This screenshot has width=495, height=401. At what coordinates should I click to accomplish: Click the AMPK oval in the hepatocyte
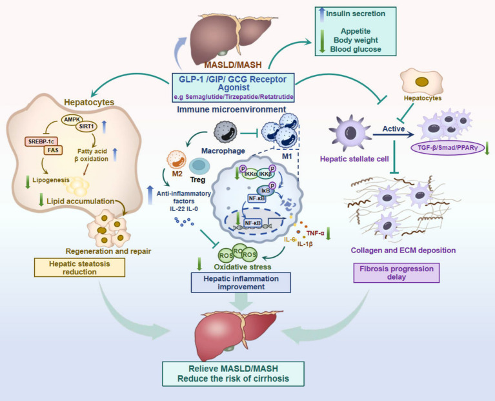pos(72,119)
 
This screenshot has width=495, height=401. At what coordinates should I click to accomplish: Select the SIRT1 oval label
pos(86,127)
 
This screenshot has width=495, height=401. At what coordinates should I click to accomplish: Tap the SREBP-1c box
pos(41,141)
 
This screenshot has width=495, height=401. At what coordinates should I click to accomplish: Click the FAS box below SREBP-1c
pos(53,150)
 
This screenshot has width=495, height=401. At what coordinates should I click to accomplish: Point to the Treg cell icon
pos(199,166)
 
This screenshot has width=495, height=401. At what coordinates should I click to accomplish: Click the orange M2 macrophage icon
pos(176,159)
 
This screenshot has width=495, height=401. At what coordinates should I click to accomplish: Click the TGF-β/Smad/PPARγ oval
pos(448,147)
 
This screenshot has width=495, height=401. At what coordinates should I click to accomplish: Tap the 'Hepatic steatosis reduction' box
pos(79,267)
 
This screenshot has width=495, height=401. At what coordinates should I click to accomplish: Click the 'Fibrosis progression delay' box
pos(396,272)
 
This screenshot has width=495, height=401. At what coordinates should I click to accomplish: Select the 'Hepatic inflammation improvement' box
pos(241,283)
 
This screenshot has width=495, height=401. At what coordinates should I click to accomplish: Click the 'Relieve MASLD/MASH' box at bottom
pos(233,374)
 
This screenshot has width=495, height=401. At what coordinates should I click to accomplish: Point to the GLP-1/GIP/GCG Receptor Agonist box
pos(233,87)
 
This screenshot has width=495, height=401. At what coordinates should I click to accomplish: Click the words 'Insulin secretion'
pos(356,14)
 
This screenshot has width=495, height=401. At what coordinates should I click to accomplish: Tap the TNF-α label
pos(316,233)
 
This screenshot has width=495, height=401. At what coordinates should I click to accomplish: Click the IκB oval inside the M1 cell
pos(266,190)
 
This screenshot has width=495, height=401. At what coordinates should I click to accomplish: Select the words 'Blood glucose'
pos(356,49)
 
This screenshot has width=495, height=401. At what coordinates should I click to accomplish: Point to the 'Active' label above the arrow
pos(394,129)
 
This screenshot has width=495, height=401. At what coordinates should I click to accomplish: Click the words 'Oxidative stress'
pos(243,267)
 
